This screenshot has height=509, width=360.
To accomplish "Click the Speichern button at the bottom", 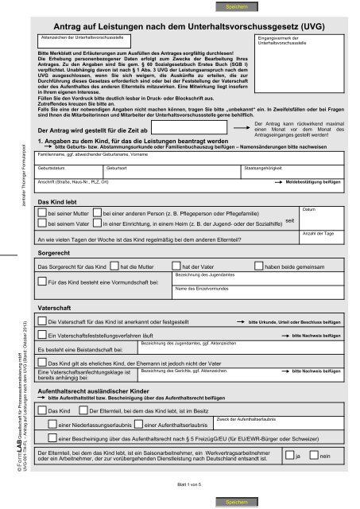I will [x=238, y=503].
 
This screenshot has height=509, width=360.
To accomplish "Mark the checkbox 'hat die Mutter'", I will [x=114, y=266].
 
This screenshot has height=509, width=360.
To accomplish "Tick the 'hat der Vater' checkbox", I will [x=176, y=266].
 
